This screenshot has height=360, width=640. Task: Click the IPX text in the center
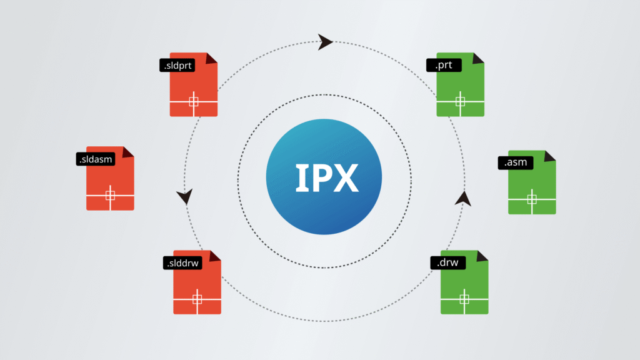coord(327,178)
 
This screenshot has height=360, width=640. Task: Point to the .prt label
coord(444,64)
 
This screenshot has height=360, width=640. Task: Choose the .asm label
coord(516,162)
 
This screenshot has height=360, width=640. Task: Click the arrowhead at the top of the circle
coord(325,42)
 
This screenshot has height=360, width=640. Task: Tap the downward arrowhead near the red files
coord(184,197)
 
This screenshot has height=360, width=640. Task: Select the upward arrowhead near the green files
coord(462,199)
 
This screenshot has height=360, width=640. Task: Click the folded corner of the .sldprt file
coord(212,58)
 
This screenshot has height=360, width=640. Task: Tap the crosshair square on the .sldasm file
coord(110,196)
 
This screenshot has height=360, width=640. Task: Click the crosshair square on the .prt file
coord(461,101)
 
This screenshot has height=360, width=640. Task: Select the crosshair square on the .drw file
coord(464,299)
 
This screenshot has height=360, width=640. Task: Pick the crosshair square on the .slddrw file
coord(197,299)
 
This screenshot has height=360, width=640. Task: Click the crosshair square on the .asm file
coord(532,199)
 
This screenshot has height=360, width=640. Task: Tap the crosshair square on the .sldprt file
coord(194,102)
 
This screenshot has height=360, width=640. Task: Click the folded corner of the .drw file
coord(482,256)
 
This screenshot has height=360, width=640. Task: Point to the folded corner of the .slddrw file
coord(216,256)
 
